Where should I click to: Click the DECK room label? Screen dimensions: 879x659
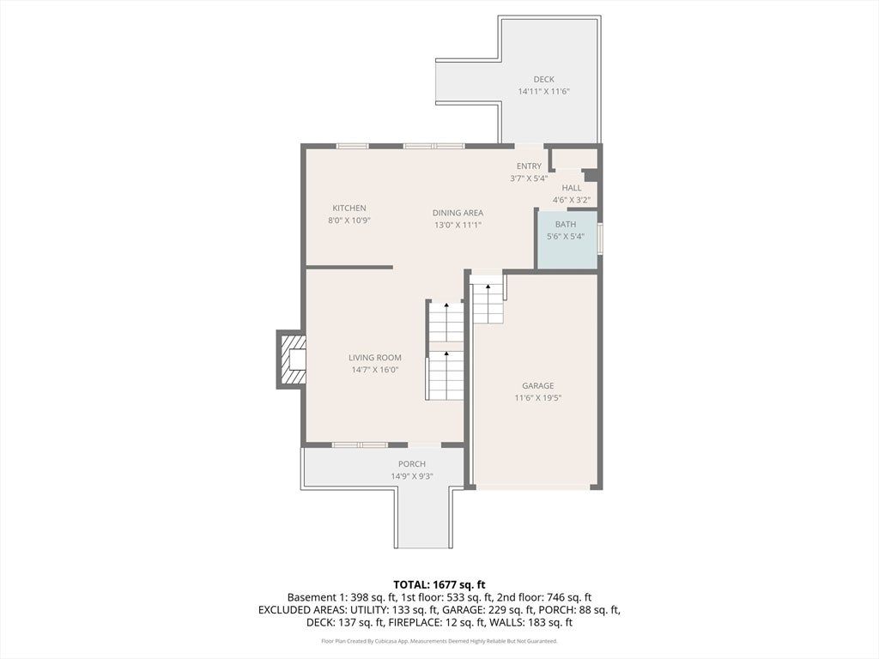tap(543, 79)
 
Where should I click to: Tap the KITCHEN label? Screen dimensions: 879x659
tap(349, 208)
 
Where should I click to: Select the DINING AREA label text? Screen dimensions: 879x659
tap(458, 213)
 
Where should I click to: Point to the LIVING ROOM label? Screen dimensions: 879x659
tap(375, 358)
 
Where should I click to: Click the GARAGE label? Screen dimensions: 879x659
tap(537, 385)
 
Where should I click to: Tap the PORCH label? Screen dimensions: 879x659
tap(412, 464)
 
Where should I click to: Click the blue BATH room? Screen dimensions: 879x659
tap(567, 240)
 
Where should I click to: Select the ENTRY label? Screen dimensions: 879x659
tap(529, 166)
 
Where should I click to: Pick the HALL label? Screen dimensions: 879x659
tap(572, 188)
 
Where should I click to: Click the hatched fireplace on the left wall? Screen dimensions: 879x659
tap(293, 360)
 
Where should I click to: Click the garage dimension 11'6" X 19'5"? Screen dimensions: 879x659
tap(538, 398)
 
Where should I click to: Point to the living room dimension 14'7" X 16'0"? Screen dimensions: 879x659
tap(374, 370)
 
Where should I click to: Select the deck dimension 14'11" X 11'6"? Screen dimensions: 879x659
tap(543, 91)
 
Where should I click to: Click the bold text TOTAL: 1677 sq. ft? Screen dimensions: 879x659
tap(439, 585)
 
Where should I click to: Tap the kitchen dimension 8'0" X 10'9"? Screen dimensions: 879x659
tap(349, 221)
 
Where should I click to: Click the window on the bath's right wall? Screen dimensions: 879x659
tap(600, 239)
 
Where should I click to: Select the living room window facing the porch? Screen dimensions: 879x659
tap(360, 445)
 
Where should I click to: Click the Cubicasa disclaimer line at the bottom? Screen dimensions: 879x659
tap(439, 640)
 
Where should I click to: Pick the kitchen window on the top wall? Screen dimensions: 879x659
tap(353, 146)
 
